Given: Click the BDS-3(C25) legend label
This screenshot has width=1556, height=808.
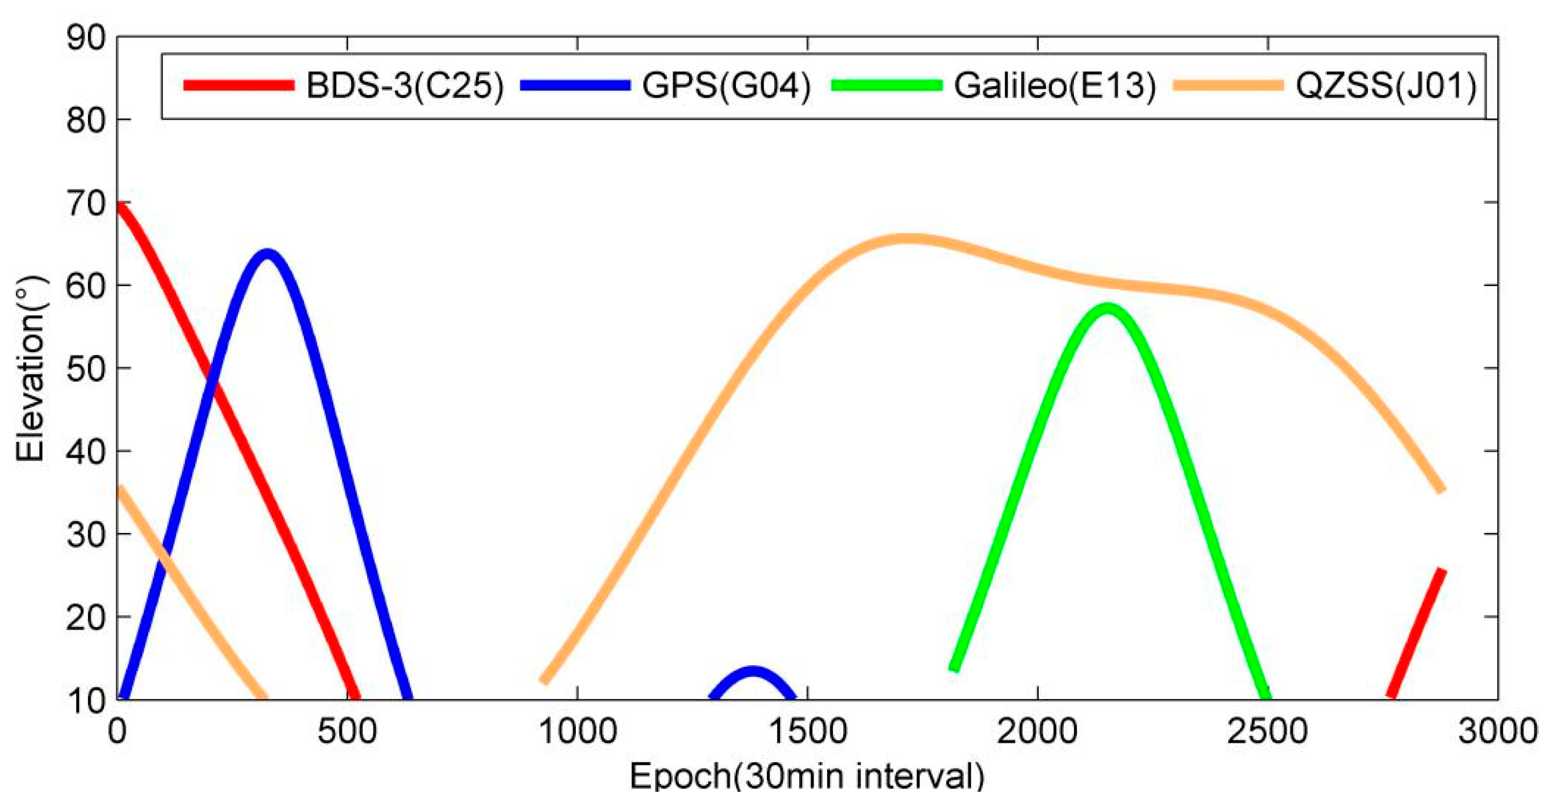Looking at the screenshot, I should click(405, 85).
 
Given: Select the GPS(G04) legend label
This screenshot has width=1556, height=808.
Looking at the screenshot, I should click(726, 85).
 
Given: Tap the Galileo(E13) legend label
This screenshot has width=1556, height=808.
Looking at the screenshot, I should click(1055, 85).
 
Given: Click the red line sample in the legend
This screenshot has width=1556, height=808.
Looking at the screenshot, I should click(239, 85).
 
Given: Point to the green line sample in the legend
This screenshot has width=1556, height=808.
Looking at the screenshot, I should click(886, 85).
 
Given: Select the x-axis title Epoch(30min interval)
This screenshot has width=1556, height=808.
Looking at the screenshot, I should click(807, 777).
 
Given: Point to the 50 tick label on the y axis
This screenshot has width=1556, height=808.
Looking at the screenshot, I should click(85, 368).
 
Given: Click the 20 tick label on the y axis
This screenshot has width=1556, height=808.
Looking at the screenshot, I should click(85, 617).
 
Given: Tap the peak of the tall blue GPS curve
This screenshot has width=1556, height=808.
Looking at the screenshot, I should click(266, 253).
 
